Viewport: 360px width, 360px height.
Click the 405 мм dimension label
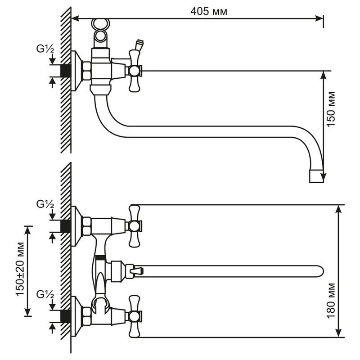[x=209, y=11]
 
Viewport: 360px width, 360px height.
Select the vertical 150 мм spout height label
[x=331, y=109]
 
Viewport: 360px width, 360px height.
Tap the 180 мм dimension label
[x=331, y=301]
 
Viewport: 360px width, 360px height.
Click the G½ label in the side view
[x=45, y=49]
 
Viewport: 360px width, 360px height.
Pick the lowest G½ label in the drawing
[x=45, y=295]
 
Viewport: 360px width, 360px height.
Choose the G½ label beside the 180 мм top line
[x=45, y=204]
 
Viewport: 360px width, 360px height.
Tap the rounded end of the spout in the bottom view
[x=321, y=271]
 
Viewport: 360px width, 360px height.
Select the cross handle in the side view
[x=134, y=71]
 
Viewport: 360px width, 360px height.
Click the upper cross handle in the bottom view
[x=134, y=226]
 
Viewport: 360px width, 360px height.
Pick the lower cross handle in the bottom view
[x=134, y=316]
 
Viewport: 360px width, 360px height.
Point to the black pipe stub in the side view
[x=66, y=71]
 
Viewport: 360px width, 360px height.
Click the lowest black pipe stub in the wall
[x=66, y=317]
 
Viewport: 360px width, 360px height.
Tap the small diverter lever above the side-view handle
[x=139, y=45]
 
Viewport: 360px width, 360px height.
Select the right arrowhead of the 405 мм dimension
[x=319, y=18]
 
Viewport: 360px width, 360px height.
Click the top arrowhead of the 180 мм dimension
[x=339, y=209]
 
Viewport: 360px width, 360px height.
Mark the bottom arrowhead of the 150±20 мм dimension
[x=27, y=312]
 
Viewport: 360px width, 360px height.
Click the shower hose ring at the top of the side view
[x=100, y=23]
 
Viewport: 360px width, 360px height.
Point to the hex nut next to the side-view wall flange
[x=87, y=71]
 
